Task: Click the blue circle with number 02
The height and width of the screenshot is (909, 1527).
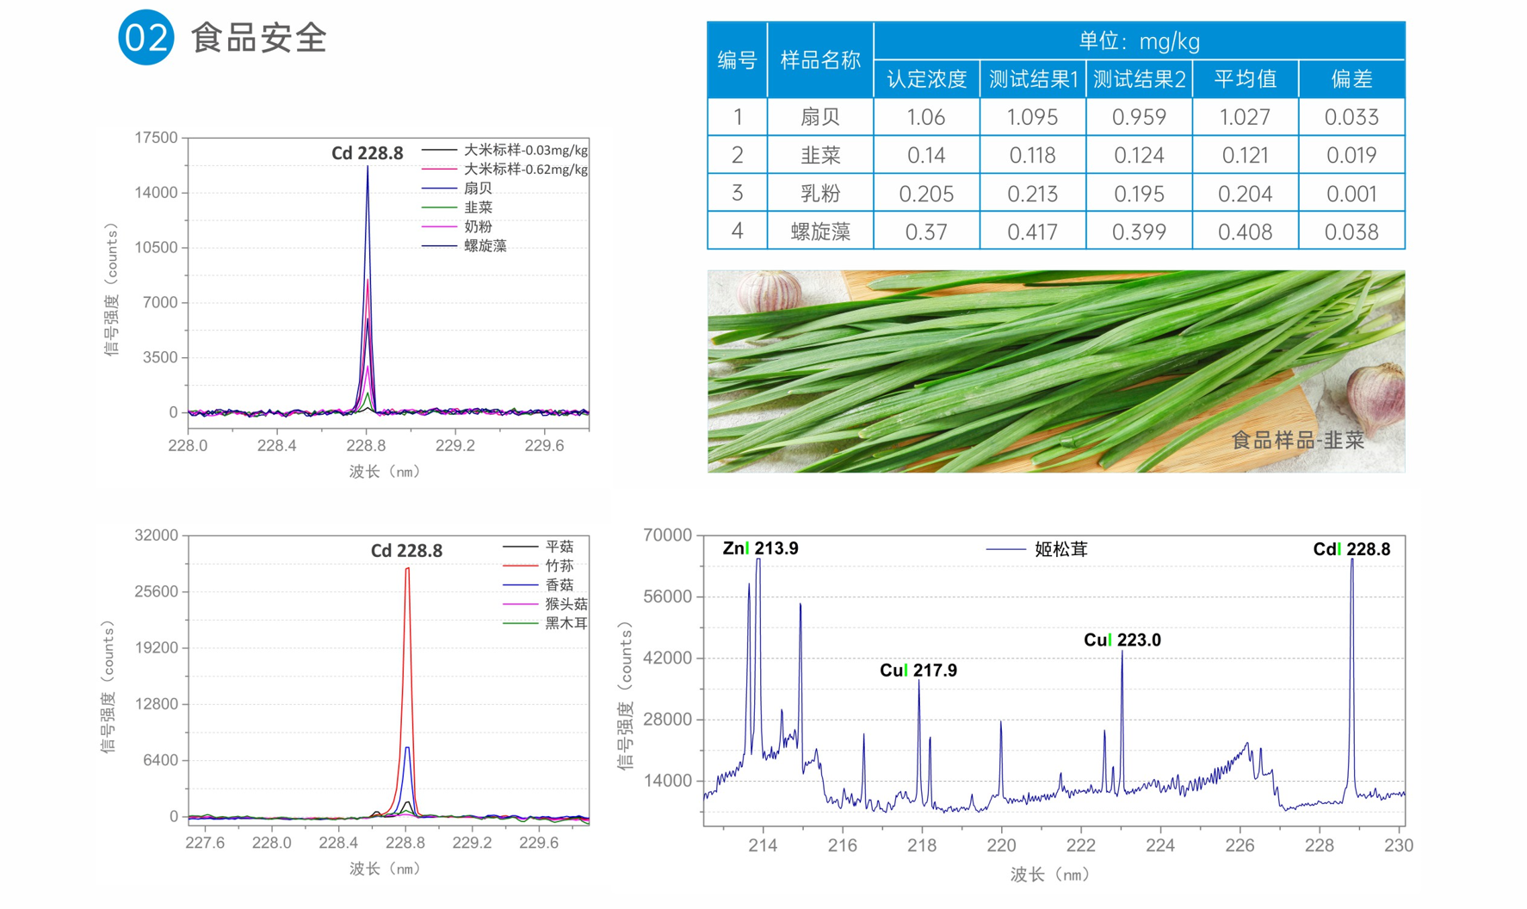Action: (x=145, y=38)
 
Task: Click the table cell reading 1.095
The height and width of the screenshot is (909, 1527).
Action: (x=1032, y=117)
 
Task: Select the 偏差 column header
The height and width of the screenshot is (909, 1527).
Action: (x=1351, y=79)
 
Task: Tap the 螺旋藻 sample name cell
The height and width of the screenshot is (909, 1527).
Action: (x=819, y=232)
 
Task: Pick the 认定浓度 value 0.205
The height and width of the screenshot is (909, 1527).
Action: (x=926, y=194)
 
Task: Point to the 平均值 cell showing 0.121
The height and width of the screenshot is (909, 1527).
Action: (x=1245, y=156)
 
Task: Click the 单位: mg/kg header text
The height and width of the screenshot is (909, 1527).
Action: (x=1138, y=41)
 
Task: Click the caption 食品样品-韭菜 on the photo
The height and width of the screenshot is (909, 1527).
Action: (x=1297, y=441)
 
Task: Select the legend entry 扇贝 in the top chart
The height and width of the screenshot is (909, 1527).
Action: (x=478, y=189)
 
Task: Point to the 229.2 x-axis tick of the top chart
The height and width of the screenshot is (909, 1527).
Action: (x=454, y=445)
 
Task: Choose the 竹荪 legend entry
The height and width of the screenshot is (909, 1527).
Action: (x=559, y=566)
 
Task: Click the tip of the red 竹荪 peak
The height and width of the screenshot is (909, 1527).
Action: (x=407, y=569)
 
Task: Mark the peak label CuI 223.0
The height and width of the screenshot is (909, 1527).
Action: (x=1122, y=640)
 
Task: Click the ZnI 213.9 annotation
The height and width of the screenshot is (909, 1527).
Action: (x=760, y=548)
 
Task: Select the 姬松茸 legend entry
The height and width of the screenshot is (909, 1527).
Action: (x=1060, y=549)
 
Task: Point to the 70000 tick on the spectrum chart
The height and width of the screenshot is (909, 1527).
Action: (x=667, y=535)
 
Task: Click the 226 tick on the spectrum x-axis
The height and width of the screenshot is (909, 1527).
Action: (x=1240, y=845)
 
